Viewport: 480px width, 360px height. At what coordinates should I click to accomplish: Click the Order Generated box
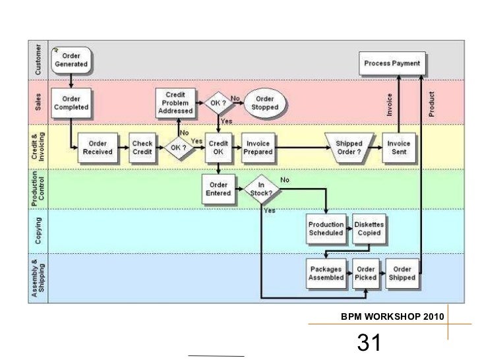pos(72,60)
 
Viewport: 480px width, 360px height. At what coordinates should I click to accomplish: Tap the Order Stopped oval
pos(264,103)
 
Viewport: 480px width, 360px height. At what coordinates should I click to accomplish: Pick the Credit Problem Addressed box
pos(175,102)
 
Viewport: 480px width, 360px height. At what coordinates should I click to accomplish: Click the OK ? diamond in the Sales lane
pos(218,103)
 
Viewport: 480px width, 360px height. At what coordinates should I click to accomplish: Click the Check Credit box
pos(142,148)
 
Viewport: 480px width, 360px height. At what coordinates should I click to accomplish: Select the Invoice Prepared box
pos(258,148)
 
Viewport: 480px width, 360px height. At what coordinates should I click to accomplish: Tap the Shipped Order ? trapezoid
pos(349,148)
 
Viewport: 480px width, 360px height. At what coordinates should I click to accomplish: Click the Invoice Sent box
pos(398,148)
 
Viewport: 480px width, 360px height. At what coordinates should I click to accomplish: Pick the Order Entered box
pos(218,189)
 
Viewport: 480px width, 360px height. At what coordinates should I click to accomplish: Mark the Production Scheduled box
pos(326,228)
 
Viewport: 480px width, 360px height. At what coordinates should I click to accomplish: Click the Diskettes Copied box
pos(369,228)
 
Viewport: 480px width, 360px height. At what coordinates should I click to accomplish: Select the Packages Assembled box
pos(326,273)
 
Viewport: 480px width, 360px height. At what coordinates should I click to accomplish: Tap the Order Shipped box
pos(402,273)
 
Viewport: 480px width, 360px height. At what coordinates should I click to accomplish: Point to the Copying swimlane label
pos(38,231)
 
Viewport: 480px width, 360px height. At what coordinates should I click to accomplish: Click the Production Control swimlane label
pos(38,188)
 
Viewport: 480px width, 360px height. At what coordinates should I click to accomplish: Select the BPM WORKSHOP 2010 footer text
pos(392,318)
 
